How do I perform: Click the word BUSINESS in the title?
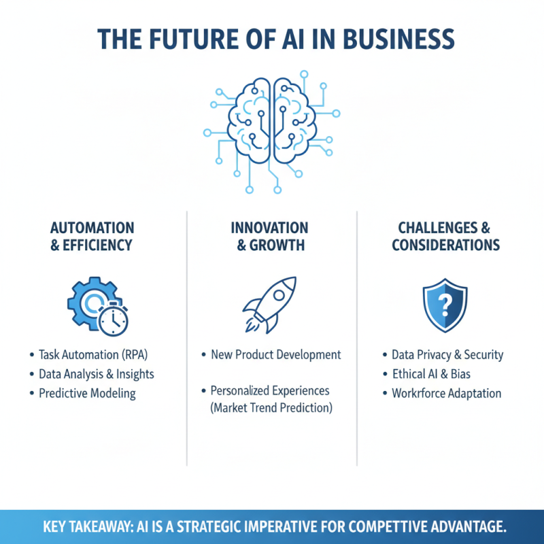pyautogui.click(x=398, y=39)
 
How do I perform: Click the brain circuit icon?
pyautogui.click(x=272, y=132)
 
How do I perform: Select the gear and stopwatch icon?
pyautogui.click(x=98, y=307)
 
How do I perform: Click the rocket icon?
pyautogui.click(x=269, y=305)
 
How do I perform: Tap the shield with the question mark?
pyautogui.click(x=445, y=305)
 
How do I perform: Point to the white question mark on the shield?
pyautogui.click(x=445, y=305)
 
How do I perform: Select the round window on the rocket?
pyautogui.click(x=279, y=295)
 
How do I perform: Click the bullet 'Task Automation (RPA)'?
pyautogui.click(x=89, y=354)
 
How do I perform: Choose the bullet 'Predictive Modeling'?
pyautogui.click(x=82, y=394)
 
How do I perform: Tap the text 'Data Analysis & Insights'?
pyautogui.click(x=97, y=374)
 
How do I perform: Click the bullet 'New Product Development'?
pyautogui.click(x=271, y=354)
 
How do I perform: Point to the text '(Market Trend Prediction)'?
pyautogui.click(x=271, y=407)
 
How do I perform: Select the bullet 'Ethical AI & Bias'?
pyautogui.click(x=427, y=374)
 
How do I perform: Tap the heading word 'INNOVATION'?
pyautogui.click(x=269, y=228)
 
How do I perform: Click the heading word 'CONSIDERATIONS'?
pyautogui.click(x=446, y=245)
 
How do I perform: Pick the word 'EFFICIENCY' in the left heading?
pyautogui.click(x=97, y=245)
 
